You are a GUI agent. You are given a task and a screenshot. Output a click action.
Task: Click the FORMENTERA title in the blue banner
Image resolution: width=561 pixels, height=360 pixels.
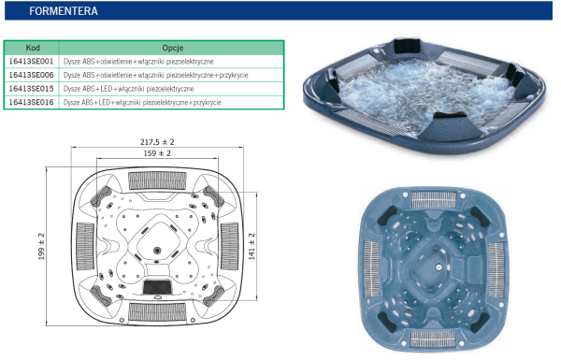64,11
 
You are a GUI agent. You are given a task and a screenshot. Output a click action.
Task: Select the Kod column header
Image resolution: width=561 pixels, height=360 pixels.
33,48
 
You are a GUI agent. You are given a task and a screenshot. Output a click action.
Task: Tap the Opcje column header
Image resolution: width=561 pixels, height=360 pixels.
172,48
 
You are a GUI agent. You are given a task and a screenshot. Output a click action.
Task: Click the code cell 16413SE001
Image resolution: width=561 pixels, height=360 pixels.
31,62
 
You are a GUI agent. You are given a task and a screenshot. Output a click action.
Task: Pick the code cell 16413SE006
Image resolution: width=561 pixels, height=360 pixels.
31,75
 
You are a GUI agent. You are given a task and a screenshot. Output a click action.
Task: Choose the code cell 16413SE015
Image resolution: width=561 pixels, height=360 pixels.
31,89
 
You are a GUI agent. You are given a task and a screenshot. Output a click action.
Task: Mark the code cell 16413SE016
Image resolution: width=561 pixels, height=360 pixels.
31,102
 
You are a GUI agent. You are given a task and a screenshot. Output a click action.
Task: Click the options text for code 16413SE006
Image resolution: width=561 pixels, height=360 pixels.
155,75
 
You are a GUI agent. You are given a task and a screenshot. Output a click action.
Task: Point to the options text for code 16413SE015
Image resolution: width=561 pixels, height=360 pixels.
128,89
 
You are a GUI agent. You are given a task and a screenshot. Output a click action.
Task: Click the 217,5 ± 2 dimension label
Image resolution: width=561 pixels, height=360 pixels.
157,142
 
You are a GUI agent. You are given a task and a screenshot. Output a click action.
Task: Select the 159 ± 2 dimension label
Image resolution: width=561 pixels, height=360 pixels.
157,153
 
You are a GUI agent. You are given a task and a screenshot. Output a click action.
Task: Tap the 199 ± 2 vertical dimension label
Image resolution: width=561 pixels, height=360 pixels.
41,246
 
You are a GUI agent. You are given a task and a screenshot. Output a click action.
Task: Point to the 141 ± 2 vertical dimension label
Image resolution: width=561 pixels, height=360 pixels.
252,246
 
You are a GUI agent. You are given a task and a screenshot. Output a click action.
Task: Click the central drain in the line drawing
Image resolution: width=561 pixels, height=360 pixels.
157,251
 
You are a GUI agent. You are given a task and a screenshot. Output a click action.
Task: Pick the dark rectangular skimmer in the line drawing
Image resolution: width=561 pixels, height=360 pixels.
157,287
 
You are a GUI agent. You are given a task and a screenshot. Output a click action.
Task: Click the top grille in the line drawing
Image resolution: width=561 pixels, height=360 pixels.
157,180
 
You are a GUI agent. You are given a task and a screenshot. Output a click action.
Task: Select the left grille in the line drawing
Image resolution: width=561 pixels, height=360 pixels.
85,246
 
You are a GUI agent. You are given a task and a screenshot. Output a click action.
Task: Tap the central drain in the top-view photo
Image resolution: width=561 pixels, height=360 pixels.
439,266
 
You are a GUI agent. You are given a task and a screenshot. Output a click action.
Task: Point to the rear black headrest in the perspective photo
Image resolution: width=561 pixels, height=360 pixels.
407,47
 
